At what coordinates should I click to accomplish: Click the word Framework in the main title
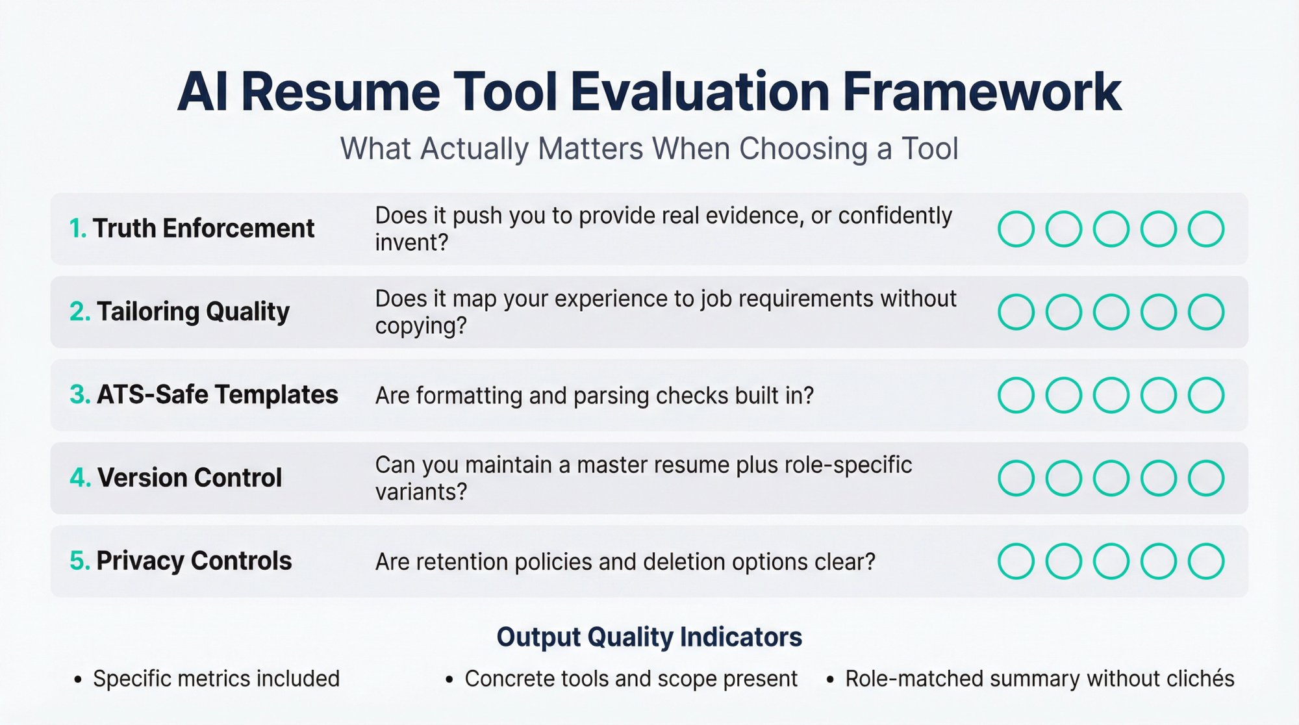click(981, 92)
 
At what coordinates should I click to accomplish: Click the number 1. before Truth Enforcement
click(78, 229)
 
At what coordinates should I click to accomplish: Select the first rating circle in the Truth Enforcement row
click(1016, 229)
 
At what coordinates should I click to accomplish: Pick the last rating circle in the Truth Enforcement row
click(1206, 229)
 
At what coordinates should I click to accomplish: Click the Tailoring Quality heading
click(193, 312)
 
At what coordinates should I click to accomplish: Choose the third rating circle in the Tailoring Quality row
click(1111, 312)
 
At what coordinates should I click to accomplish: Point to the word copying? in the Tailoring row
click(421, 325)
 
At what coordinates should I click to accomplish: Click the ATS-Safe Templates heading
click(217, 395)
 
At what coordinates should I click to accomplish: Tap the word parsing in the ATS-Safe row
click(611, 396)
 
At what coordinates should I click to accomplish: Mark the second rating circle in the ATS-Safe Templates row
click(1063, 395)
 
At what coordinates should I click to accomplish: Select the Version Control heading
click(189, 478)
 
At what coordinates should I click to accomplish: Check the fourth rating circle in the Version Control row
click(1159, 478)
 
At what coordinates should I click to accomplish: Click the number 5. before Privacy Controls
click(79, 561)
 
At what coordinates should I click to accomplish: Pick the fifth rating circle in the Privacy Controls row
click(1206, 561)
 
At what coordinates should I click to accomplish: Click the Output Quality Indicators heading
click(649, 637)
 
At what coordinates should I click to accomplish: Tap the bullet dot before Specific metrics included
click(78, 680)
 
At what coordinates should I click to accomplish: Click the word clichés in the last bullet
click(1200, 679)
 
